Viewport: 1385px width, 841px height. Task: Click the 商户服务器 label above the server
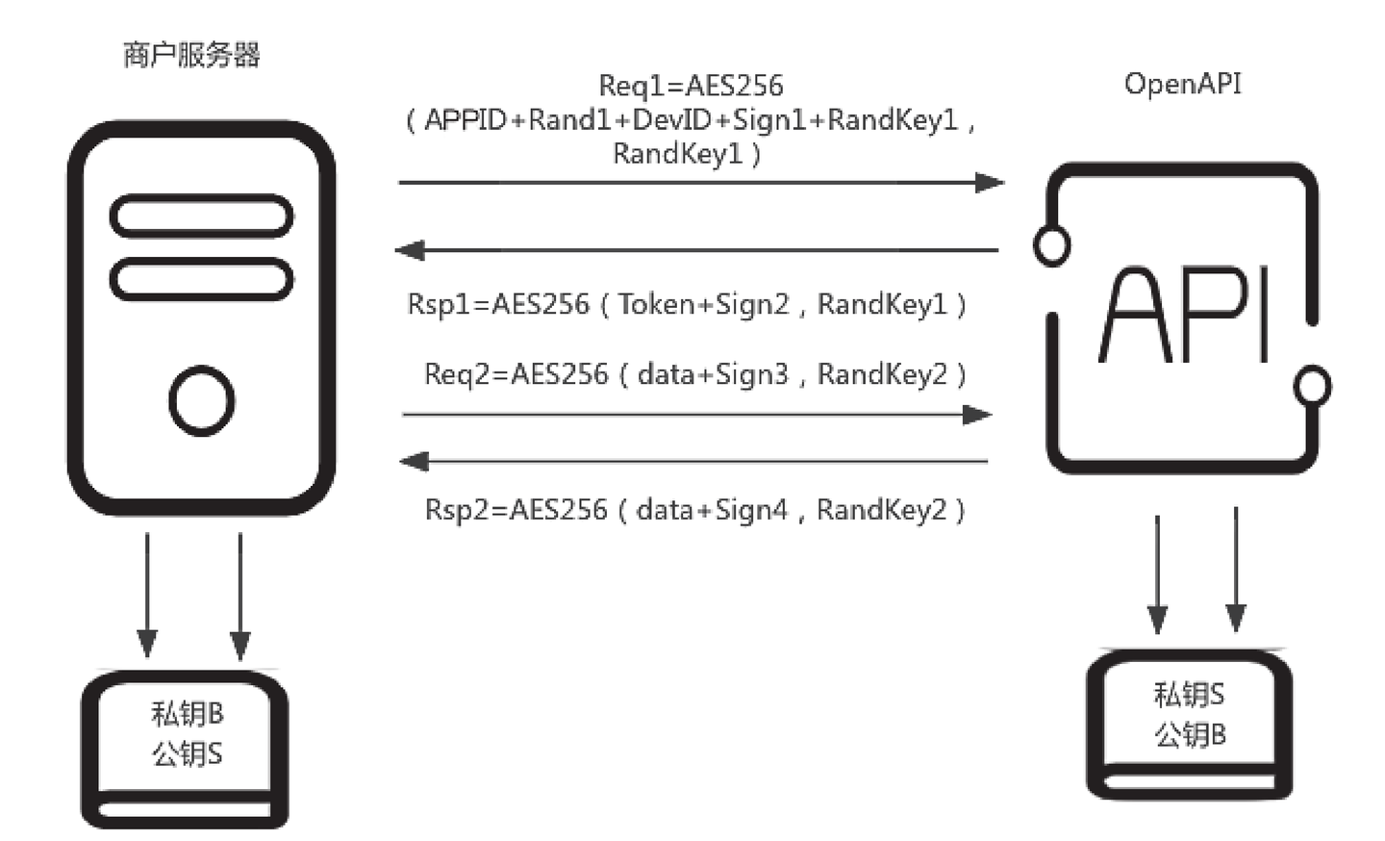pyautogui.click(x=191, y=55)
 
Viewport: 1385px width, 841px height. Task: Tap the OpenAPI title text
pyautogui.click(x=1182, y=84)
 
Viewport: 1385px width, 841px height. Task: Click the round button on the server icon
pyautogui.click(x=201, y=400)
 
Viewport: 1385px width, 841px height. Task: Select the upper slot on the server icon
pyautogui.click(x=201, y=216)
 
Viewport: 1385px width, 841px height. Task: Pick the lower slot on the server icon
pyautogui.click(x=201, y=279)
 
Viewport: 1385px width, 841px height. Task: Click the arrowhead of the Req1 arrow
pyautogui.click(x=991, y=182)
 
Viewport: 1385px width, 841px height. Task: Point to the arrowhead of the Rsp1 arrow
pyautogui.click(x=411, y=250)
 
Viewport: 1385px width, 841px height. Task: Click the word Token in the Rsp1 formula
pyautogui.click(x=656, y=304)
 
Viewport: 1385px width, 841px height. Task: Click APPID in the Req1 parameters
pyautogui.click(x=466, y=120)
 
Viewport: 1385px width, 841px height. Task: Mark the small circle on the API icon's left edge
pyautogui.click(x=1051, y=245)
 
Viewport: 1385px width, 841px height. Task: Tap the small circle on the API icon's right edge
pyautogui.click(x=1312, y=386)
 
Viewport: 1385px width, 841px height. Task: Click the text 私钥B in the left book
pyautogui.click(x=188, y=713)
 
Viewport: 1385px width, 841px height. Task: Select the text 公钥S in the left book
pyautogui.click(x=188, y=753)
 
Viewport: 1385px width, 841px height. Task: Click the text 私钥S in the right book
pyautogui.click(x=1190, y=694)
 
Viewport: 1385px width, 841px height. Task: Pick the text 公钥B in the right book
pyautogui.click(x=1190, y=734)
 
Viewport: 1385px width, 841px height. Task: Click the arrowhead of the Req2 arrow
pyautogui.click(x=977, y=415)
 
